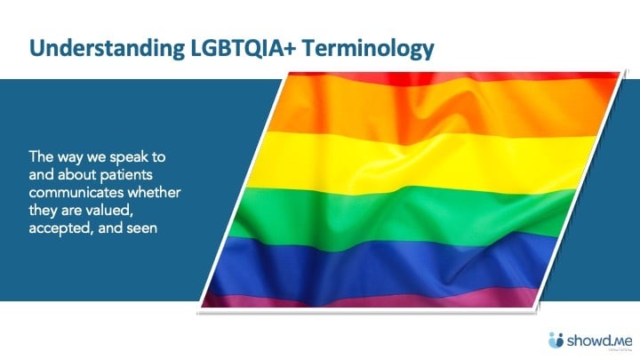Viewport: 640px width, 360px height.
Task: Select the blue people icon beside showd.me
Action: tap(556, 339)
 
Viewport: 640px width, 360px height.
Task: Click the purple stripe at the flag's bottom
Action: tap(373, 298)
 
